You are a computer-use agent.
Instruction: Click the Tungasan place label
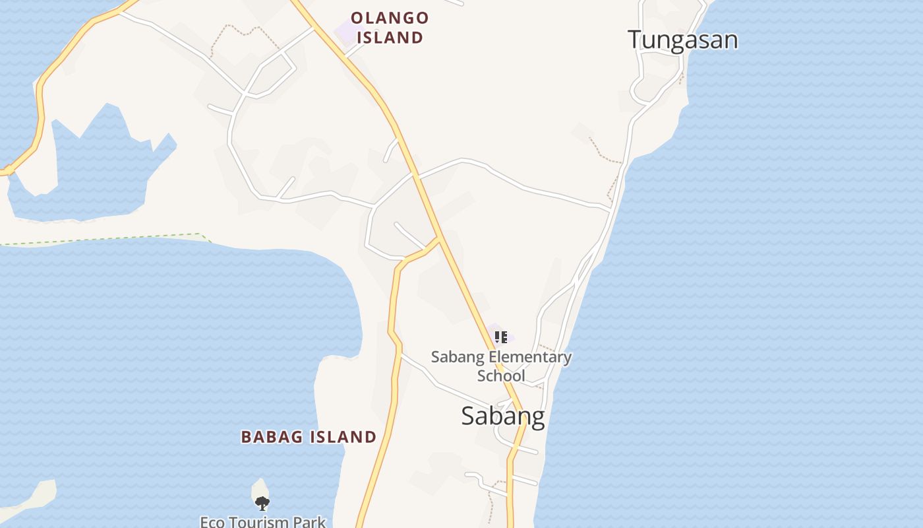coord(682,40)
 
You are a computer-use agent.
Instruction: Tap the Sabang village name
coord(502,416)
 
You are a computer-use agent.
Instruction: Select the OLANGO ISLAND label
coord(389,28)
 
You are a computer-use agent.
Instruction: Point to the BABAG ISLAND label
coord(309,437)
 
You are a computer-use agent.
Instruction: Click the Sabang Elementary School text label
coord(501,366)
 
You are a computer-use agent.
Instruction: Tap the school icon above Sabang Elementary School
coord(501,337)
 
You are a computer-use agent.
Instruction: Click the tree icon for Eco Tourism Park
coord(262,504)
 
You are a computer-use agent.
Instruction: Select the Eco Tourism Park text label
coord(262,522)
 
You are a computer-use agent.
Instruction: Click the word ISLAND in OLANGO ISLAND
coord(389,38)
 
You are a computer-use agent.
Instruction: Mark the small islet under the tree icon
coord(260,490)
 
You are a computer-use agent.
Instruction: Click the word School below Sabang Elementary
coord(501,376)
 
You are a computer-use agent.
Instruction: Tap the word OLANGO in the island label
coord(389,18)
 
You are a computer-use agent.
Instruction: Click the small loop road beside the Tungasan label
coord(638,89)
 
